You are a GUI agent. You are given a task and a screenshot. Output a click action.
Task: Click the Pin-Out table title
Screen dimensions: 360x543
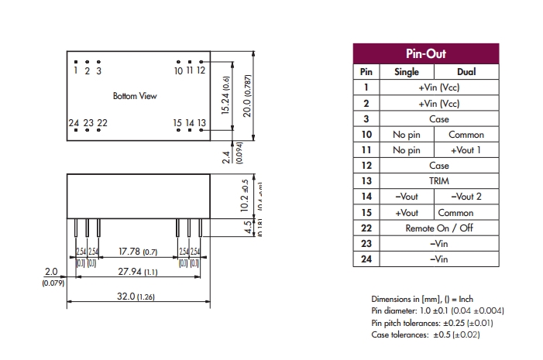point(426,54)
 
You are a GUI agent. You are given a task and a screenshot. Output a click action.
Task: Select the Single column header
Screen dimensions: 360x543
point(407,72)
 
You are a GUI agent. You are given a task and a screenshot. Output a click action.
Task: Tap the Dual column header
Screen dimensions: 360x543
point(466,72)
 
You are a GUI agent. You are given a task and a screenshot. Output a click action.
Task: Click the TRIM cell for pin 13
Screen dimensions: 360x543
point(439,181)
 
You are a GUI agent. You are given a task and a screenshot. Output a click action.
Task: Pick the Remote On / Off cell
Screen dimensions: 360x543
point(439,228)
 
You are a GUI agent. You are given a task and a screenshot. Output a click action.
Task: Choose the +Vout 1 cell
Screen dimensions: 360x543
point(466,150)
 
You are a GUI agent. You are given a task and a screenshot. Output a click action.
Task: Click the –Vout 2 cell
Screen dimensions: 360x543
point(466,197)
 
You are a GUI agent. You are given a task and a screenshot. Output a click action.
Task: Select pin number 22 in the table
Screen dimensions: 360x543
point(366,228)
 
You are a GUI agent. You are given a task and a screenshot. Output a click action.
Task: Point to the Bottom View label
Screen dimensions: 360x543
point(135,96)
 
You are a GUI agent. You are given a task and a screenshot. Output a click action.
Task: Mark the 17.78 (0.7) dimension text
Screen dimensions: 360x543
point(138,252)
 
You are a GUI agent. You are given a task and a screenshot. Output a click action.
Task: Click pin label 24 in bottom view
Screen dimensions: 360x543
point(74,123)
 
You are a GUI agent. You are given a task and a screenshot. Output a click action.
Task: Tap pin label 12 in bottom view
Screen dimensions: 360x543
point(201,70)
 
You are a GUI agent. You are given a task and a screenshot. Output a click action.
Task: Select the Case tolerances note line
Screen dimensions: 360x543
point(425,335)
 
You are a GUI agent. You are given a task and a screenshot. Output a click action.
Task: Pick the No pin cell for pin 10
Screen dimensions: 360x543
point(407,135)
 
